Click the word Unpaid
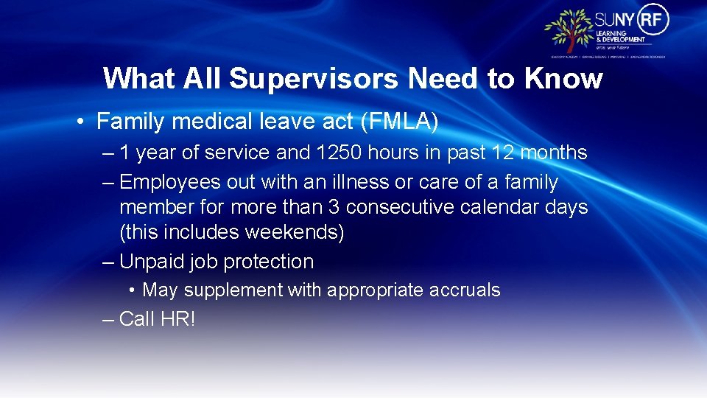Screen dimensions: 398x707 pos(154,262)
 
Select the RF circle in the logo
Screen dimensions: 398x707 pos(654,19)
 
